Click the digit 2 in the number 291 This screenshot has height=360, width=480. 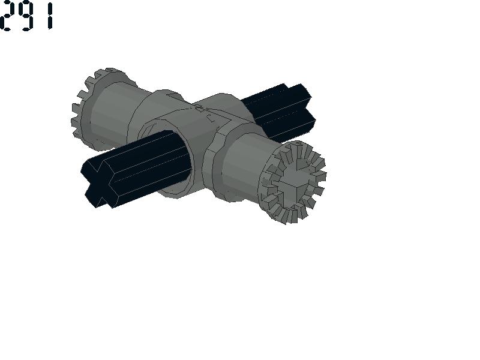(7, 16)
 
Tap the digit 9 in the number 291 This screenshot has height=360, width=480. (26, 16)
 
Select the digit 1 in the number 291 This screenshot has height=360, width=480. (50, 16)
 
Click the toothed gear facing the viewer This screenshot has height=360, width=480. (292, 182)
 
